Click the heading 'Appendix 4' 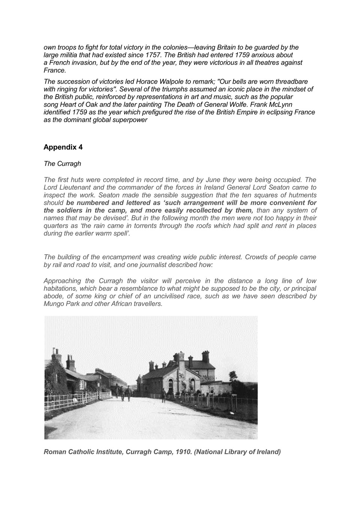(63, 147)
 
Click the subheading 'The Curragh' (62, 164)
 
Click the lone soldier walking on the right (163, 395)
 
